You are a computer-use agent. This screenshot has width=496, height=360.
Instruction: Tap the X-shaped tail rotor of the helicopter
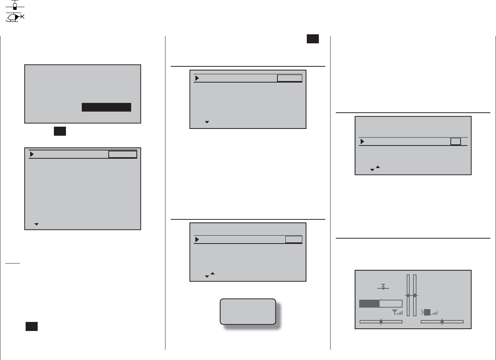click(22, 17)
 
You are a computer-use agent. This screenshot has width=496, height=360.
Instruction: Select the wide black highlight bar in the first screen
click(106, 107)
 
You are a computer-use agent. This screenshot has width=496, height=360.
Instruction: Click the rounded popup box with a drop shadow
click(248, 311)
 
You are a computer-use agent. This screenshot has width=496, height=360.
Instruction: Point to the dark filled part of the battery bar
click(369, 304)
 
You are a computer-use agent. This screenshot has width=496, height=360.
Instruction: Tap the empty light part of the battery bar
click(391, 304)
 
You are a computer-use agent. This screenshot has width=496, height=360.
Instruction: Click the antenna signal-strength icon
click(397, 312)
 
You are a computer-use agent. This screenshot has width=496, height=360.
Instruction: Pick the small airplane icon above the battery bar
click(383, 287)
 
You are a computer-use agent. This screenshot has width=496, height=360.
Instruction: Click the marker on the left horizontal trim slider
click(381, 322)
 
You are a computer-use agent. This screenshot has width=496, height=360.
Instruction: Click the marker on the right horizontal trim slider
click(442, 322)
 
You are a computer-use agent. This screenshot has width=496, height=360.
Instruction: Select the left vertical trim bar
click(408, 295)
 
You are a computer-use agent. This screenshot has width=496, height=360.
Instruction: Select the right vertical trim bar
click(415, 295)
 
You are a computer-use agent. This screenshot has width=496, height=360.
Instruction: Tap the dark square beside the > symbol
click(427, 312)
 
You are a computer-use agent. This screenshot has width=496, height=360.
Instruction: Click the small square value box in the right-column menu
click(455, 141)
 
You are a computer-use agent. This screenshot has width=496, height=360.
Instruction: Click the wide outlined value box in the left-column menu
click(122, 154)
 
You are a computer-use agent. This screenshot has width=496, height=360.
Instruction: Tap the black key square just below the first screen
click(60, 131)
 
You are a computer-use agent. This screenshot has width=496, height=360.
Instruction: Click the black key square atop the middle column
click(312, 39)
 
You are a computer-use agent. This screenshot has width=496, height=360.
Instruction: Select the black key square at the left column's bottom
click(32, 326)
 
